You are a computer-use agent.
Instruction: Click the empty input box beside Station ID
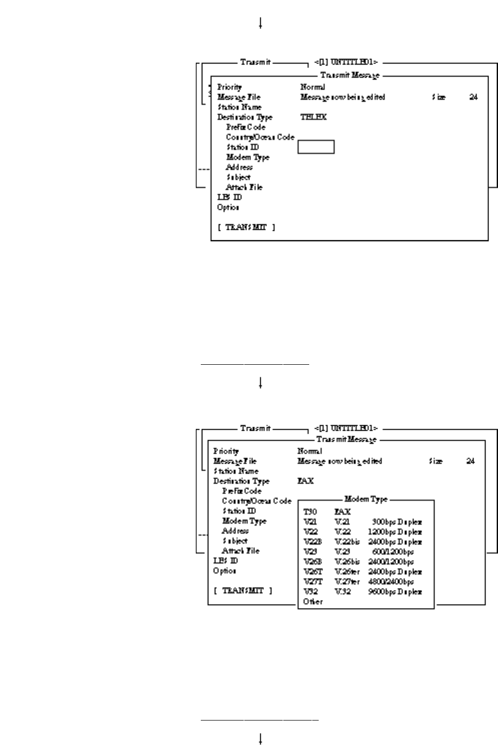(x=316, y=147)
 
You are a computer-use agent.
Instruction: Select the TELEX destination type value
(x=313, y=117)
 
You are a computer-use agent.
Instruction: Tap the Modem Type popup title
(x=366, y=499)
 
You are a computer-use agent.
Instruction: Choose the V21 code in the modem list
(x=309, y=522)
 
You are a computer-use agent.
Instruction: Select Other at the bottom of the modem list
(x=313, y=602)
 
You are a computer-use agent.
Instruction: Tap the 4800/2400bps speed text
(x=391, y=582)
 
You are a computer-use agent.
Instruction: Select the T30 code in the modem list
(x=310, y=512)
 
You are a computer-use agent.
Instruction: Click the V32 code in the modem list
(x=310, y=592)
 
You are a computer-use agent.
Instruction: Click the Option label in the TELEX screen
(x=228, y=207)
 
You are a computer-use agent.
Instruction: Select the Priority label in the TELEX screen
(x=229, y=87)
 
